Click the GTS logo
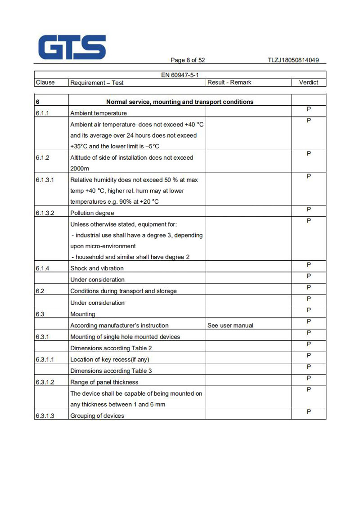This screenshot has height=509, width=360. (x=72, y=47)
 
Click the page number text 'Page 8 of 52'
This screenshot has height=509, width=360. (x=188, y=60)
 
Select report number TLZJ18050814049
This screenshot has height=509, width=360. (x=293, y=60)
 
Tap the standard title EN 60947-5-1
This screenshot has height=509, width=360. (x=180, y=75)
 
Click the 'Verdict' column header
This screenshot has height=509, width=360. (x=308, y=82)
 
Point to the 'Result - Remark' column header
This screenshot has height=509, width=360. (x=229, y=82)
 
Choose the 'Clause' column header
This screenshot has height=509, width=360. (x=45, y=82)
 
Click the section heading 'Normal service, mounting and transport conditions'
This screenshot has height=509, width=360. (x=180, y=102)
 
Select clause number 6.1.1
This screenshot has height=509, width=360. (x=43, y=113)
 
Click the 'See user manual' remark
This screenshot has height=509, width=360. (x=230, y=326)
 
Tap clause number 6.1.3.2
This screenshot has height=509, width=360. (x=45, y=213)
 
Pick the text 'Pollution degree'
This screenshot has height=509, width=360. (x=92, y=213)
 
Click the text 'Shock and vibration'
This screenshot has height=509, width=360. (x=97, y=268)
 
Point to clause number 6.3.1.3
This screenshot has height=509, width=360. (x=45, y=416)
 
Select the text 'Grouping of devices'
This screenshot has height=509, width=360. (x=97, y=416)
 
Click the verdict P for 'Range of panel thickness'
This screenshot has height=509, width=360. (x=309, y=378)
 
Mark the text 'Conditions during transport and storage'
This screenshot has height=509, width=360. (x=123, y=291)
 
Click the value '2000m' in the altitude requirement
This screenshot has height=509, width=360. (x=80, y=169)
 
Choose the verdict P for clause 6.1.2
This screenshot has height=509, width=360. (x=309, y=154)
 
